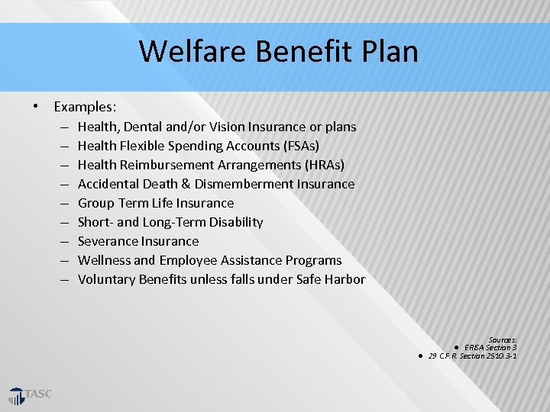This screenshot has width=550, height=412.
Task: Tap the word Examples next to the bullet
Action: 84,108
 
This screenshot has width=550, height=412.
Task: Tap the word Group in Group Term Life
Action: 96,203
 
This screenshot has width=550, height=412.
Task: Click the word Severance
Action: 107,241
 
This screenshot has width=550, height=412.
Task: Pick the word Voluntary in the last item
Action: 107,279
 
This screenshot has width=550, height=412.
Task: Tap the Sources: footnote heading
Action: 503,340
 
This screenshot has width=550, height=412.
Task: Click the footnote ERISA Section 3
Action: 490,348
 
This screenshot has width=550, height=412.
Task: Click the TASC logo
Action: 31,395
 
